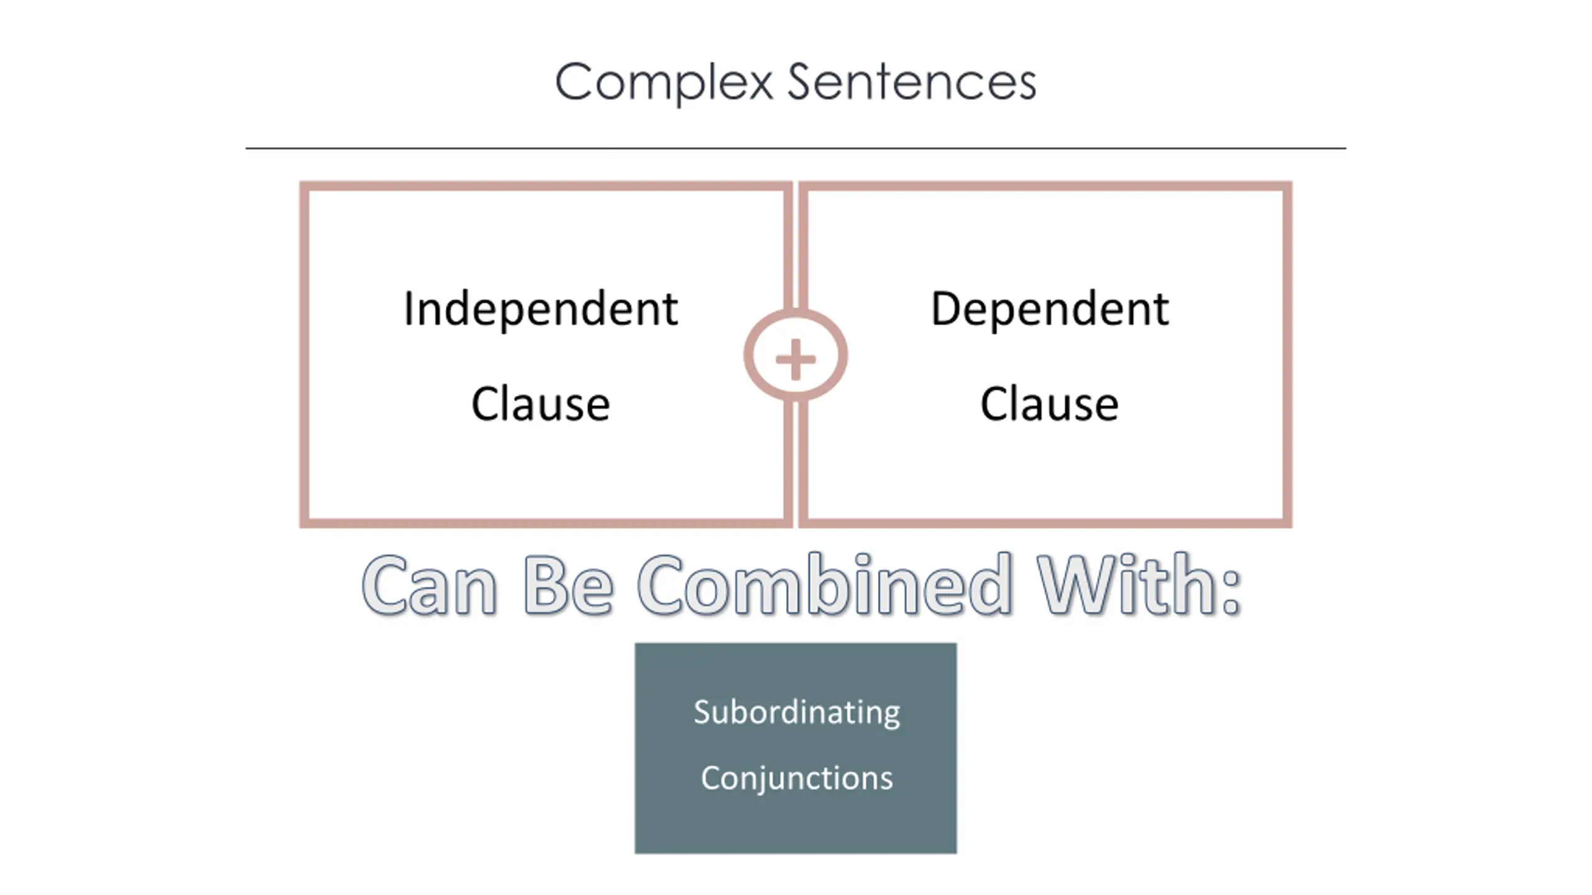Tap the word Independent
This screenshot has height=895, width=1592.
[540, 309]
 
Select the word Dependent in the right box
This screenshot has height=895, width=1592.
[1050, 309]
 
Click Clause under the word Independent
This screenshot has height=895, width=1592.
[540, 404]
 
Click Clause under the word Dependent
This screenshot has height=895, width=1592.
[1050, 404]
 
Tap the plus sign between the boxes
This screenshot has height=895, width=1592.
[795, 359]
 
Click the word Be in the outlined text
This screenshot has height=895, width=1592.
[568, 585]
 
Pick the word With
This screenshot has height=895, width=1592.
[1126, 585]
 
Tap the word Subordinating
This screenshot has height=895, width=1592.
[797, 712]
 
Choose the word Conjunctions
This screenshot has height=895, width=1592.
[797, 778]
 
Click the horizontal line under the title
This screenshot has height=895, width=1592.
[795, 149]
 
